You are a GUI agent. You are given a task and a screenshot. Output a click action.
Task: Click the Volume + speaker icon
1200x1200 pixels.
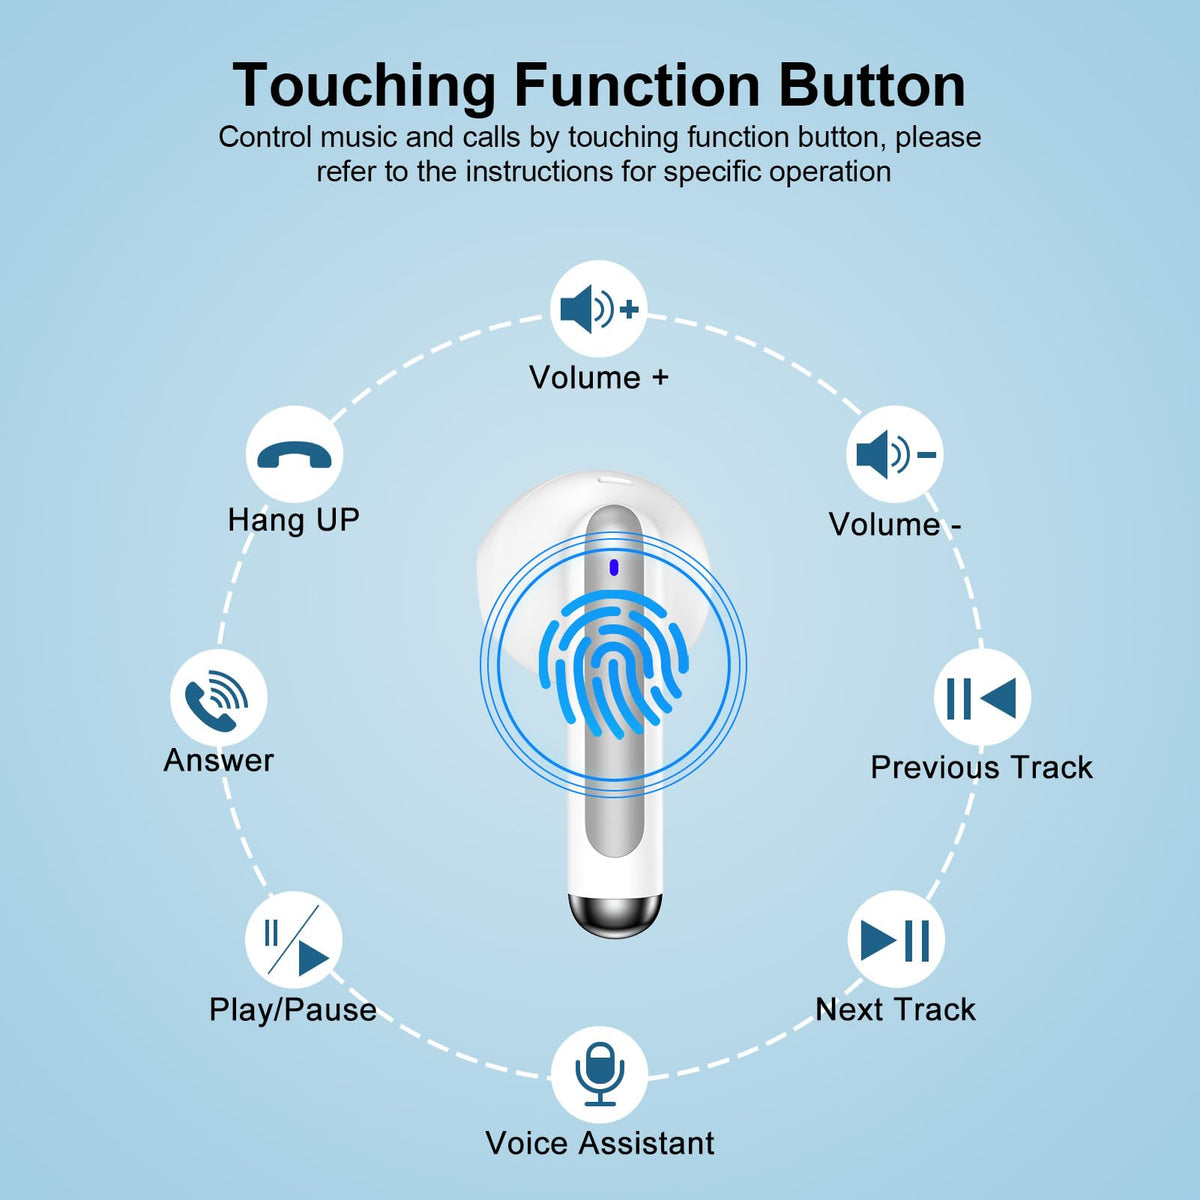click(x=599, y=309)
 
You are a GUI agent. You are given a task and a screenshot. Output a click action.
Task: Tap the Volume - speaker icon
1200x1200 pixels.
click(x=895, y=455)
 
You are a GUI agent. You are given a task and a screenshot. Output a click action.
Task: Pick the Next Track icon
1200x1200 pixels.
click(x=895, y=940)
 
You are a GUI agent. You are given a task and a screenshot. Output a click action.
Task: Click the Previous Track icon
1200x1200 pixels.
click(x=981, y=698)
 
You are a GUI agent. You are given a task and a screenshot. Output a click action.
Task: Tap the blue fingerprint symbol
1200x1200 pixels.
click(x=614, y=665)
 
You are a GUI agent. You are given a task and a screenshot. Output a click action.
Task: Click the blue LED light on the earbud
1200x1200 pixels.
click(x=613, y=567)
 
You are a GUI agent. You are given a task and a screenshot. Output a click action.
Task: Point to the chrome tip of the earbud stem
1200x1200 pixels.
click(x=614, y=916)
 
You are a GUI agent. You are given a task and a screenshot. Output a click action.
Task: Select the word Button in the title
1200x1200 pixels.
click(x=872, y=85)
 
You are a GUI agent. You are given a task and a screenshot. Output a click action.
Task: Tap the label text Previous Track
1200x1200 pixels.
click(x=981, y=767)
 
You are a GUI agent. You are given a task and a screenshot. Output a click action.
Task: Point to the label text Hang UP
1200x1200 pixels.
click(x=293, y=521)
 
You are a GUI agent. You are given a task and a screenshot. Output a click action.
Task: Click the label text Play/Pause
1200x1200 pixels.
click(x=293, y=1009)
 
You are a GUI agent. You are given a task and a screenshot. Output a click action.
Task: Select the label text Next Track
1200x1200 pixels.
click(x=895, y=1009)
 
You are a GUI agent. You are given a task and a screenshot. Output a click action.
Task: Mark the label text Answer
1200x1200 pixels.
click(x=219, y=760)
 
